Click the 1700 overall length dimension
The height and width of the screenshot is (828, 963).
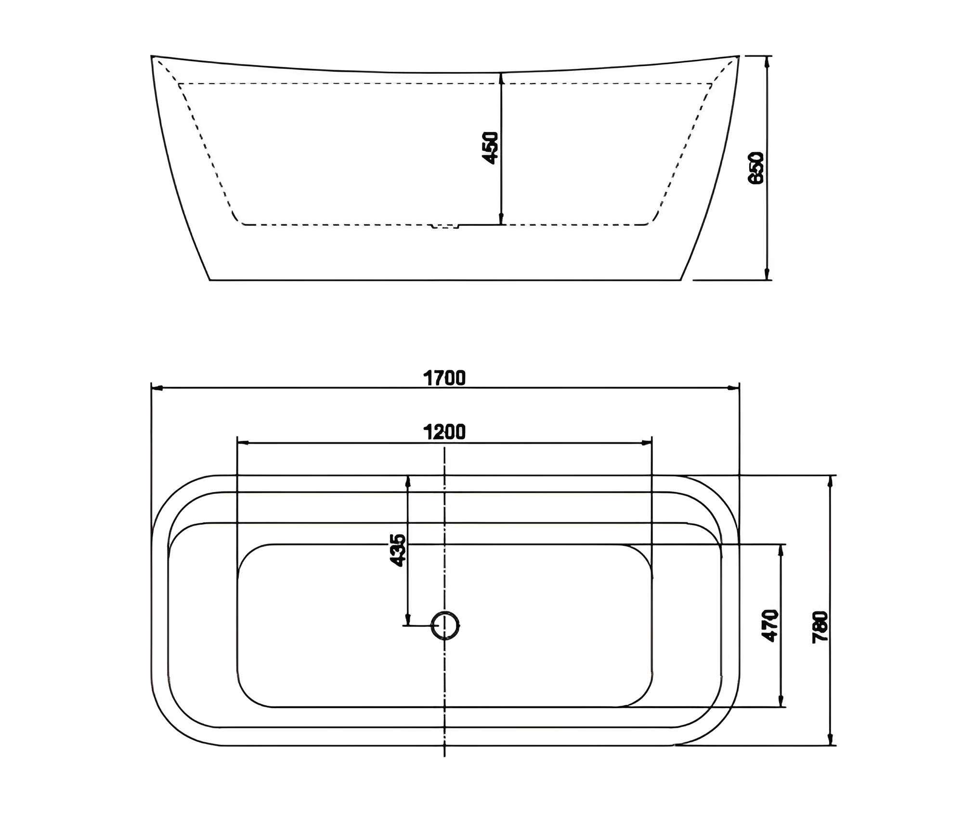444,378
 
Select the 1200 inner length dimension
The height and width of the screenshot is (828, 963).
444,432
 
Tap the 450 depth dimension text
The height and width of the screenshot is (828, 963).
491,148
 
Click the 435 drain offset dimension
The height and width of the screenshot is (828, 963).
398,550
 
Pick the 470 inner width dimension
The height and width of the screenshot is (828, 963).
770,625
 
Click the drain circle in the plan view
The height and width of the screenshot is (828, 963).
445,625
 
